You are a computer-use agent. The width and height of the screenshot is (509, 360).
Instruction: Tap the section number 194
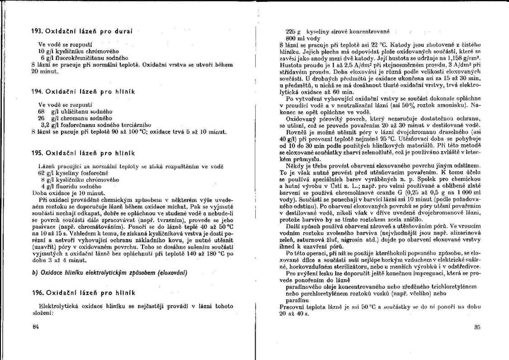(37, 91)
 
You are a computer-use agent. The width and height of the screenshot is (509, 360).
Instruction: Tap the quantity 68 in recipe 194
(41, 111)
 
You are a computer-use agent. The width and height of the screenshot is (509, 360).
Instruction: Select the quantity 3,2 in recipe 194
(44, 125)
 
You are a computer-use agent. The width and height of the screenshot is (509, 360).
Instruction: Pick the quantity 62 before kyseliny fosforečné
(41, 173)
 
